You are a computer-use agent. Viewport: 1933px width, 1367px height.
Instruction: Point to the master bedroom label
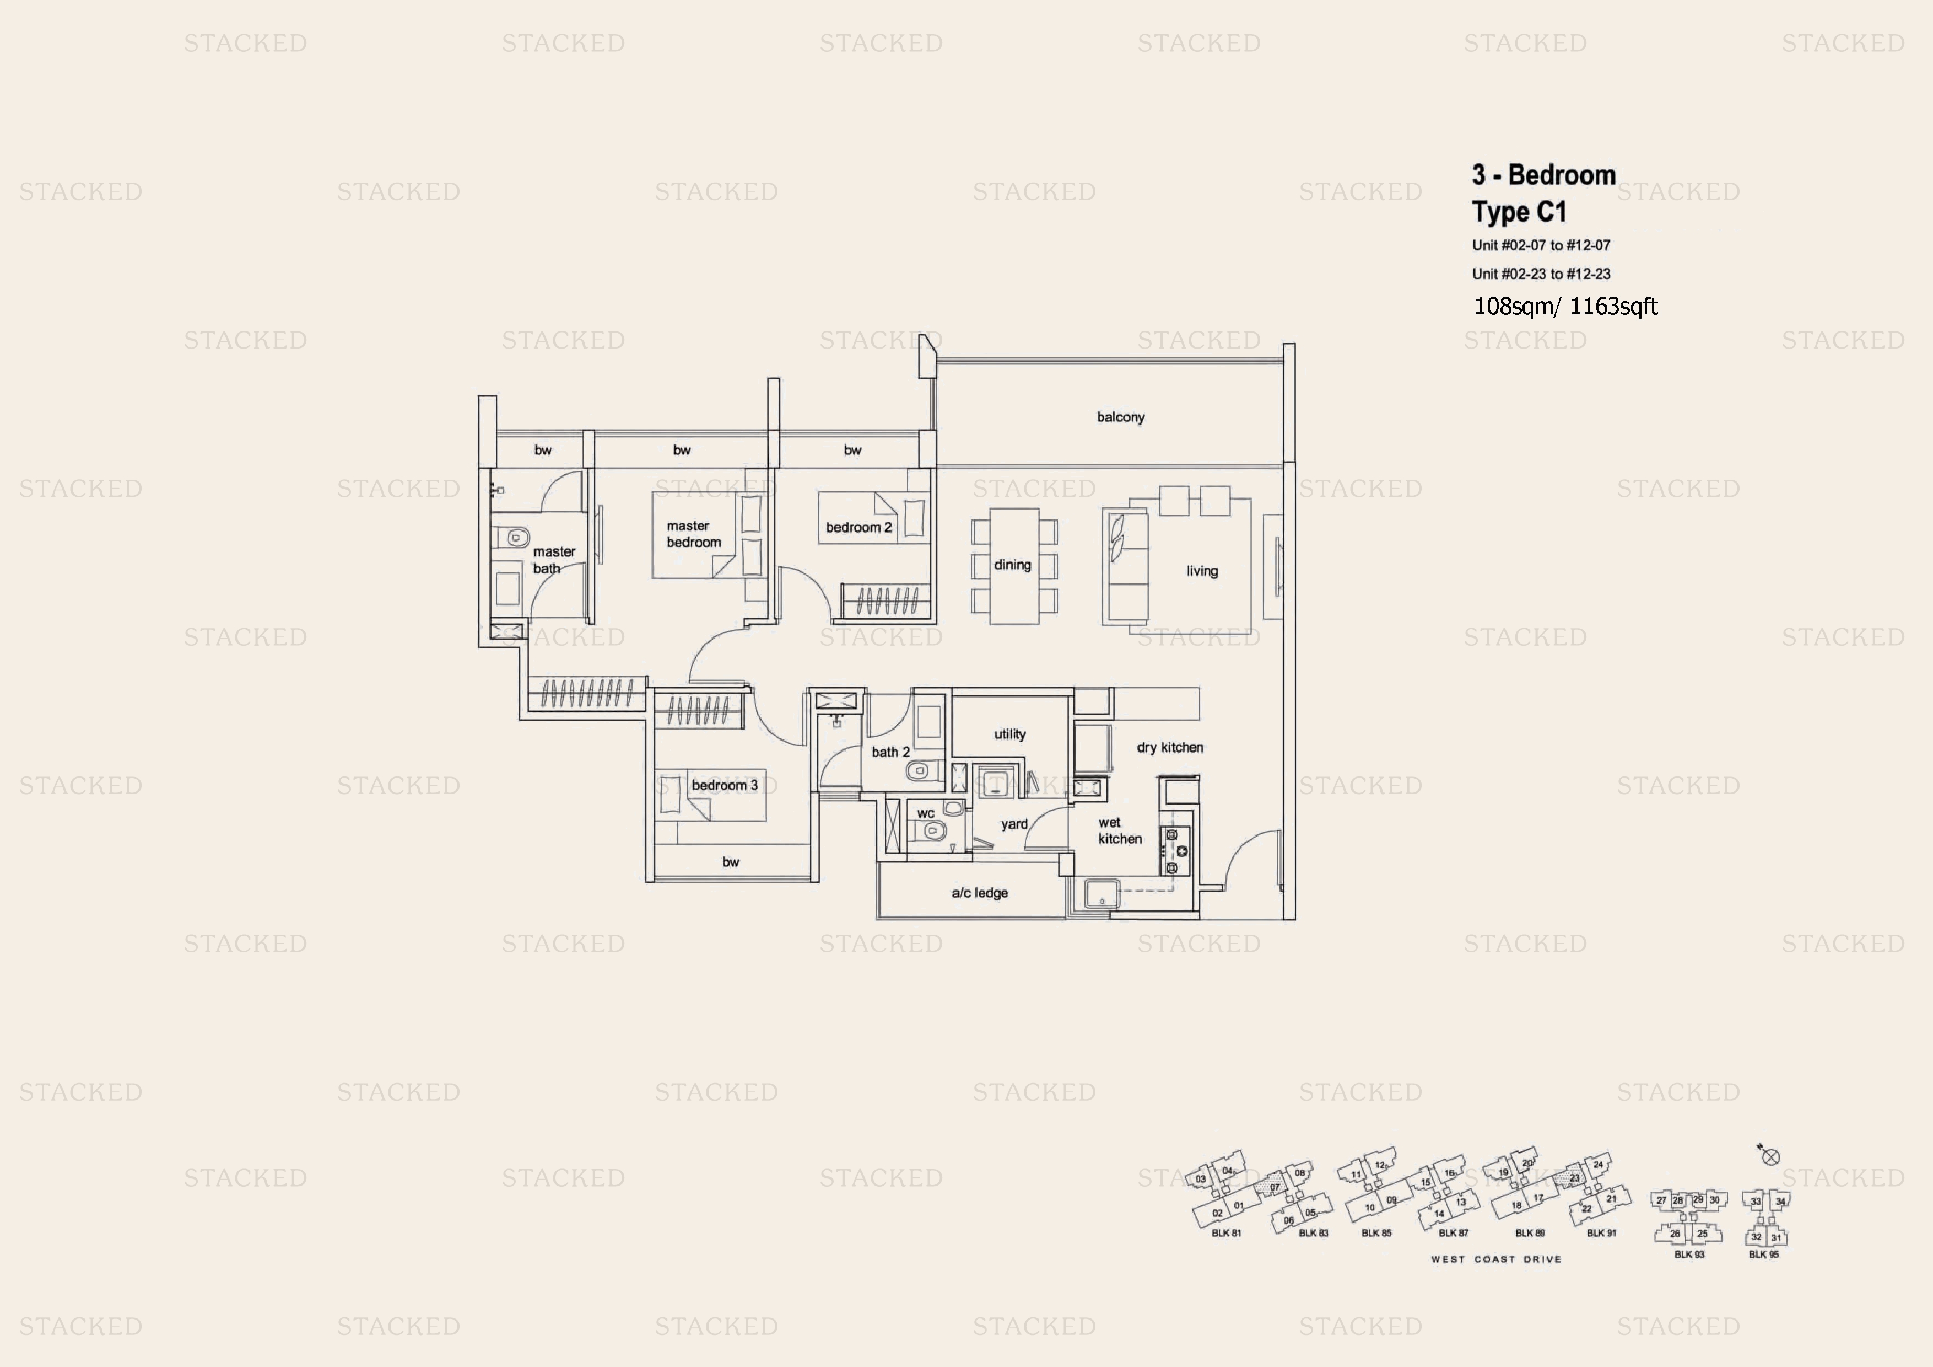pos(693,534)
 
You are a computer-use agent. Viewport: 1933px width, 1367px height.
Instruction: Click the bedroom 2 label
pos(858,527)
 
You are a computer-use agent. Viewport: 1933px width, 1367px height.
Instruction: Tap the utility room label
pos(1009,733)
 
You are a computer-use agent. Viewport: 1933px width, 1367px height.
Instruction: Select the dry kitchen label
pos(1169,747)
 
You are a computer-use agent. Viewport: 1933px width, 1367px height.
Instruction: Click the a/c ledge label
pos(979,893)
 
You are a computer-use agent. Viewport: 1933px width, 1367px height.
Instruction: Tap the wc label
pos(925,813)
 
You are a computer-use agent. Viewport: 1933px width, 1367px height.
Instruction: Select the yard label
pos(1014,824)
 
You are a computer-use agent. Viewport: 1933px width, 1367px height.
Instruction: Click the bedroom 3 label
pos(724,785)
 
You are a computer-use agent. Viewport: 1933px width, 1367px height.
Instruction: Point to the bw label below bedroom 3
pos(731,862)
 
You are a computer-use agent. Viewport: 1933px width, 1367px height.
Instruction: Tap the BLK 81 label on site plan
pos(1226,1233)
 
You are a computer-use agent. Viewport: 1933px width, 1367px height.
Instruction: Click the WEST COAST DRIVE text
pos(1495,1259)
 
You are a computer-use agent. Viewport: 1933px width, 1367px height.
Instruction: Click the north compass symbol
pos(1770,1156)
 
